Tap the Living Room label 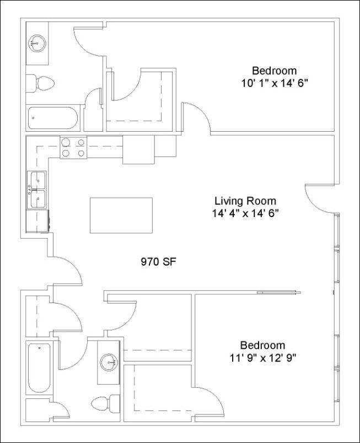(245, 201)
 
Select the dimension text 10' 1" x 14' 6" (274, 83)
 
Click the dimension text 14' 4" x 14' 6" (245, 213)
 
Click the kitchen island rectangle (121, 216)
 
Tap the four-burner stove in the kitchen (74, 147)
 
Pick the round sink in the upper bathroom (37, 42)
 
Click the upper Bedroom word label (274, 71)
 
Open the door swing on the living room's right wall (319, 197)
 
